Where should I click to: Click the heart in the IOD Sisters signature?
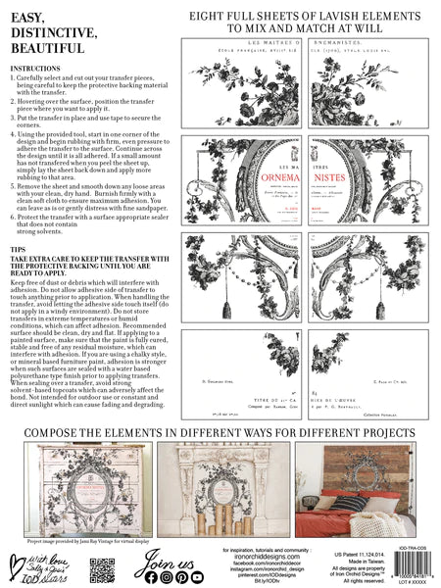25,562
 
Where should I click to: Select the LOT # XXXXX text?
402,579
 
